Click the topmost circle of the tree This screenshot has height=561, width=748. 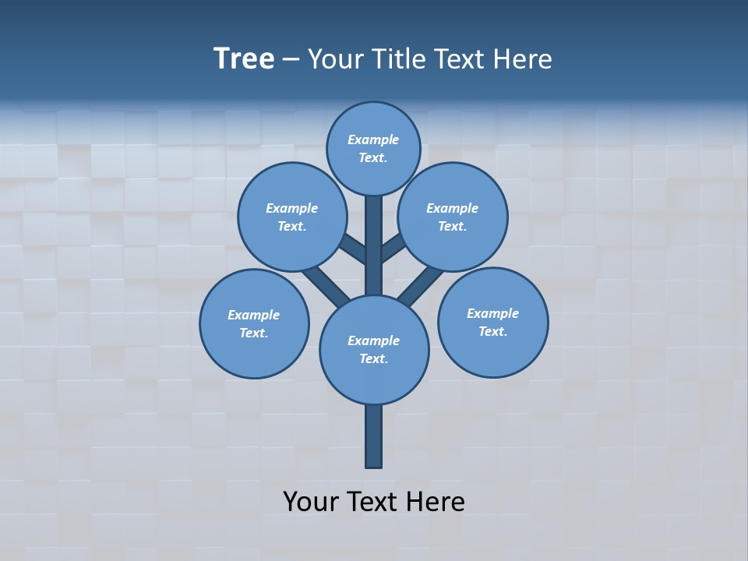pos(373,149)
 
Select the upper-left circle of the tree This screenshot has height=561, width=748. pos(292,217)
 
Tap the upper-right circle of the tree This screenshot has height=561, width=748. pos(453,217)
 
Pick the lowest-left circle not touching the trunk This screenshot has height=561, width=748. pos(254,324)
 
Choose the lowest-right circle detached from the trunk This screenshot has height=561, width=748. pos(493,323)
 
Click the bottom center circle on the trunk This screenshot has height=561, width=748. pos(374,350)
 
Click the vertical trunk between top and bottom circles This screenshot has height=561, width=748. pos(374,245)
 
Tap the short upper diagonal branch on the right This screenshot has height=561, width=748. pos(393,248)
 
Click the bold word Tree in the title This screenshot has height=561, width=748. pos(244,59)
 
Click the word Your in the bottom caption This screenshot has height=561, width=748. pos(310,502)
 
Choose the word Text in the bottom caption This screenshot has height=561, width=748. pos(373,502)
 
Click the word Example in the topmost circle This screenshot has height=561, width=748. pos(373,140)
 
